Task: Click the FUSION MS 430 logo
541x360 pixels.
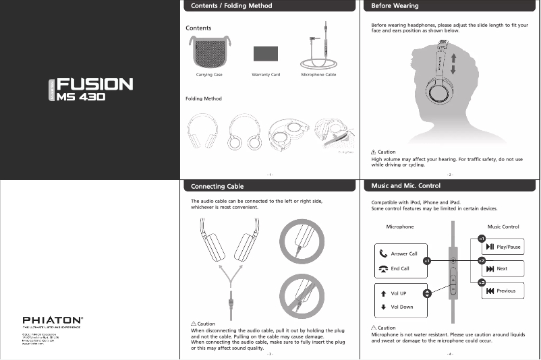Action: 90,89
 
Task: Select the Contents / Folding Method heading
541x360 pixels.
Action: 231,6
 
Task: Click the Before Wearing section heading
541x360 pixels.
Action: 395,6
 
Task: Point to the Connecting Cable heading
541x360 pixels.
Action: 217,186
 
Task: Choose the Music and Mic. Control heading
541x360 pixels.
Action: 405,185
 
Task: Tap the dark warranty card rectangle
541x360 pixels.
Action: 266,55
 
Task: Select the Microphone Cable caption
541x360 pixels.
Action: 318,75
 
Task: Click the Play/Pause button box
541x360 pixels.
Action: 503,247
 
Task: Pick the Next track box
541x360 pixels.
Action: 503,268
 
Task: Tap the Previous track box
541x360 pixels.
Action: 503,291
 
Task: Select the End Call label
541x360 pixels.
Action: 400,268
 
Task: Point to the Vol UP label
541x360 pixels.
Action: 399,293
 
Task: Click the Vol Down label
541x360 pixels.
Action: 401,307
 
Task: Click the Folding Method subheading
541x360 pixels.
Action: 203,99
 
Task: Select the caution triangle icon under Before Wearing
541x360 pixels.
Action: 374,152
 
